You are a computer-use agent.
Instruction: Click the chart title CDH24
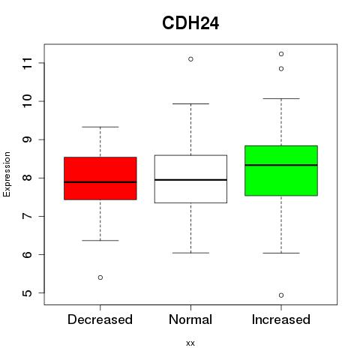[190, 23]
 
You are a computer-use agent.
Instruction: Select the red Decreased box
[100, 178]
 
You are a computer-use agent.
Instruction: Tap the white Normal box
[190, 179]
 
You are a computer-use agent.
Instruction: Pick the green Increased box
[281, 170]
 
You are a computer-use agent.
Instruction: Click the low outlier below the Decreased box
[100, 277]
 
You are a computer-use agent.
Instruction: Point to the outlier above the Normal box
[190, 59]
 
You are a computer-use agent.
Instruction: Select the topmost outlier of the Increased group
[281, 54]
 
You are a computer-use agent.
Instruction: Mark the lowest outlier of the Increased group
[281, 295]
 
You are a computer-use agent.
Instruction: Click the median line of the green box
[281, 165]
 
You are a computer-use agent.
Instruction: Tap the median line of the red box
[100, 182]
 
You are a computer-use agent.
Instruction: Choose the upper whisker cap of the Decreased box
[100, 127]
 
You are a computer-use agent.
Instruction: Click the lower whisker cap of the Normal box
[190, 253]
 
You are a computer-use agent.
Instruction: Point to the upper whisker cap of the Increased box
[281, 99]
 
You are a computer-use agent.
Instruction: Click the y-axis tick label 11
[28, 63]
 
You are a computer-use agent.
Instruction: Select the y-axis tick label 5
[28, 293]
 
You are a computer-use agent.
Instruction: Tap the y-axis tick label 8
[28, 178]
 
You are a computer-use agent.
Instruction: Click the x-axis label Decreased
[100, 319]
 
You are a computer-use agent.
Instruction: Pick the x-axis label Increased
[281, 319]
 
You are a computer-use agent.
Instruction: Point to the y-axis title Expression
[7, 174]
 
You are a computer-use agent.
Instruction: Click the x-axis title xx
[190, 343]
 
